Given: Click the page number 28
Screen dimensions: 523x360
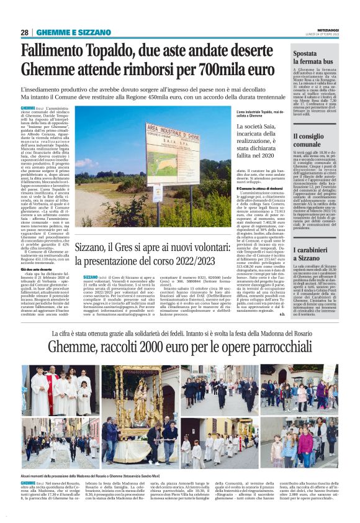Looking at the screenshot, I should [25, 32].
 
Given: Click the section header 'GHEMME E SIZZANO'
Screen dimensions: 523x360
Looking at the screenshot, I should [64, 32].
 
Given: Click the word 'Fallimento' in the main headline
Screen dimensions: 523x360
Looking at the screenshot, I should [55, 51].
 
